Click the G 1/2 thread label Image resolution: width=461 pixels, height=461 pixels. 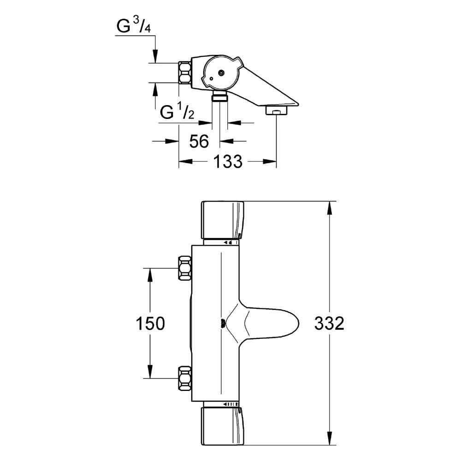[x=177, y=112]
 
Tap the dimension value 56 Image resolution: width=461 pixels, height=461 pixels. [x=199, y=141]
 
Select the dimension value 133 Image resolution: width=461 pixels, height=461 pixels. [x=227, y=161]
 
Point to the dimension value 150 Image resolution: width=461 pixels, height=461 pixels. [x=150, y=324]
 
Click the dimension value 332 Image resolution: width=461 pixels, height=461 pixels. [x=329, y=324]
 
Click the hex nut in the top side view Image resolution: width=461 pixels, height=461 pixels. [x=185, y=72]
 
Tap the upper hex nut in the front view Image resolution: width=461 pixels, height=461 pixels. [x=185, y=268]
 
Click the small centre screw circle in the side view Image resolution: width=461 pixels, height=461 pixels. [x=222, y=72]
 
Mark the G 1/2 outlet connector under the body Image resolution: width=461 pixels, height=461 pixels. [x=220, y=96]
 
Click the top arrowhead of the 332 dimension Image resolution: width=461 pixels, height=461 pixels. [x=329, y=208]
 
